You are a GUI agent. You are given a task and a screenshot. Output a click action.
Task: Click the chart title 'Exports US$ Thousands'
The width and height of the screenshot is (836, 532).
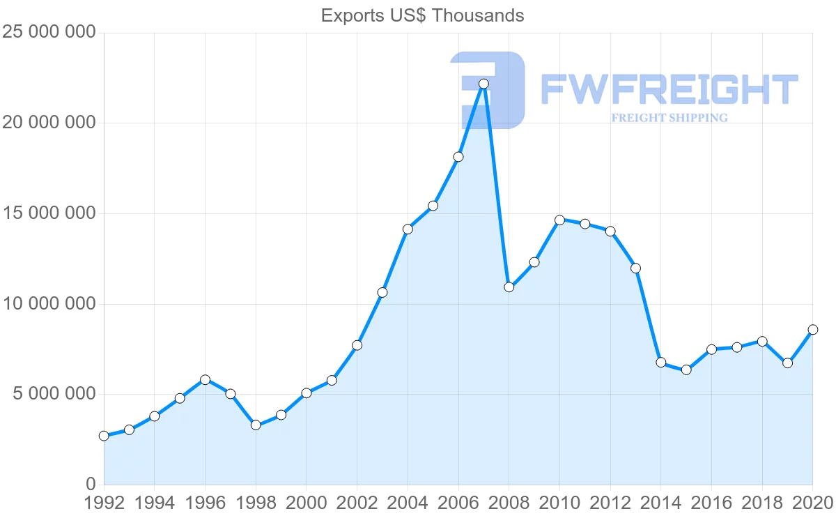click(x=422, y=15)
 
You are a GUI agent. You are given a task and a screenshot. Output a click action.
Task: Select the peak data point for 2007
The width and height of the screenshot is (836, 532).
click(x=483, y=84)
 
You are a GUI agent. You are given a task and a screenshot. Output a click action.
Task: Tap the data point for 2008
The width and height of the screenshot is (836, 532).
click(x=509, y=287)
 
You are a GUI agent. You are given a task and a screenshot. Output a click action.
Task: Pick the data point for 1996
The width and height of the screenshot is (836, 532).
click(x=205, y=380)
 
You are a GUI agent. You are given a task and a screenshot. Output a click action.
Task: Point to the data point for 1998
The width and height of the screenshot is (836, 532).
click(x=256, y=425)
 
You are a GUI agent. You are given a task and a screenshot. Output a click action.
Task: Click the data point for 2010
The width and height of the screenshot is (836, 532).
click(x=559, y=220)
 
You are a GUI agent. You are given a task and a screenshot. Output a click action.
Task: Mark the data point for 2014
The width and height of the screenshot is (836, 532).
click(x=660, y=363)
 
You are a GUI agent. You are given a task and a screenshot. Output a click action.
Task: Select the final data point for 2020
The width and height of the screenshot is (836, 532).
click(x=812, y=330)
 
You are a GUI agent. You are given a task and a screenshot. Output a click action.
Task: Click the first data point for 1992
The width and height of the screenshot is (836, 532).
click(x=104, y=436)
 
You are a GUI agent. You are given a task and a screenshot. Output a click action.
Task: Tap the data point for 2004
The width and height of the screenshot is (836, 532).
click(x=408, y=229)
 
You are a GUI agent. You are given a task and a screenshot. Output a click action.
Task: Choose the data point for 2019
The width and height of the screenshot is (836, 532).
click(x=787, y=363)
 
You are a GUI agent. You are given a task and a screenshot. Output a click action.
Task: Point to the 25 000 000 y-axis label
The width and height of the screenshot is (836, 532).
click(x=48, y=33)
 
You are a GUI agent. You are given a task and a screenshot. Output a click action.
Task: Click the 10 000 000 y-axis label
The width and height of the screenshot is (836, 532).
click(x=48, y=304)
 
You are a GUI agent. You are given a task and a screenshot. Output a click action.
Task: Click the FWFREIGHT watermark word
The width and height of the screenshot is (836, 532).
click(x=669, y=90)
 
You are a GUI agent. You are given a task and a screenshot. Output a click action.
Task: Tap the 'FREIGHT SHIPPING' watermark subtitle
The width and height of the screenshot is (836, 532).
click(x=669, y=118)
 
